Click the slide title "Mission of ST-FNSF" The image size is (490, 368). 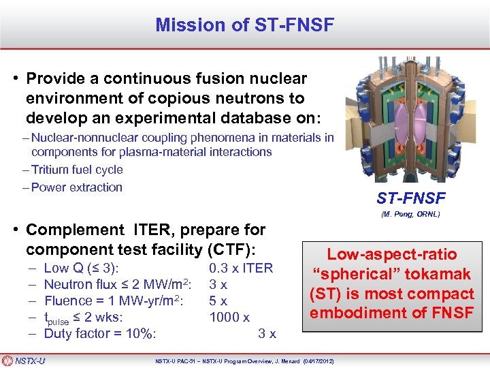[244, 25]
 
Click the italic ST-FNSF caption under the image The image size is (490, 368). [410, 198]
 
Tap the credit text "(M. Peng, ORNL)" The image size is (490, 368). [410, 214]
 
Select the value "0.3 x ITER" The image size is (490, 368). [241, 268]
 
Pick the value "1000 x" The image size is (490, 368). [229, 317]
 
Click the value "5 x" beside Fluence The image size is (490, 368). [218, 301]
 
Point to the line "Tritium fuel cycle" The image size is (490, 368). [77, 170]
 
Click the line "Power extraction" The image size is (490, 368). [76, 187]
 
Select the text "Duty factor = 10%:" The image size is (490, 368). [100, 333]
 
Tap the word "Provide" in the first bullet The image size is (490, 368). [56, 79]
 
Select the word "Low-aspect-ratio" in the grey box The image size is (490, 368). [391, 255]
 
